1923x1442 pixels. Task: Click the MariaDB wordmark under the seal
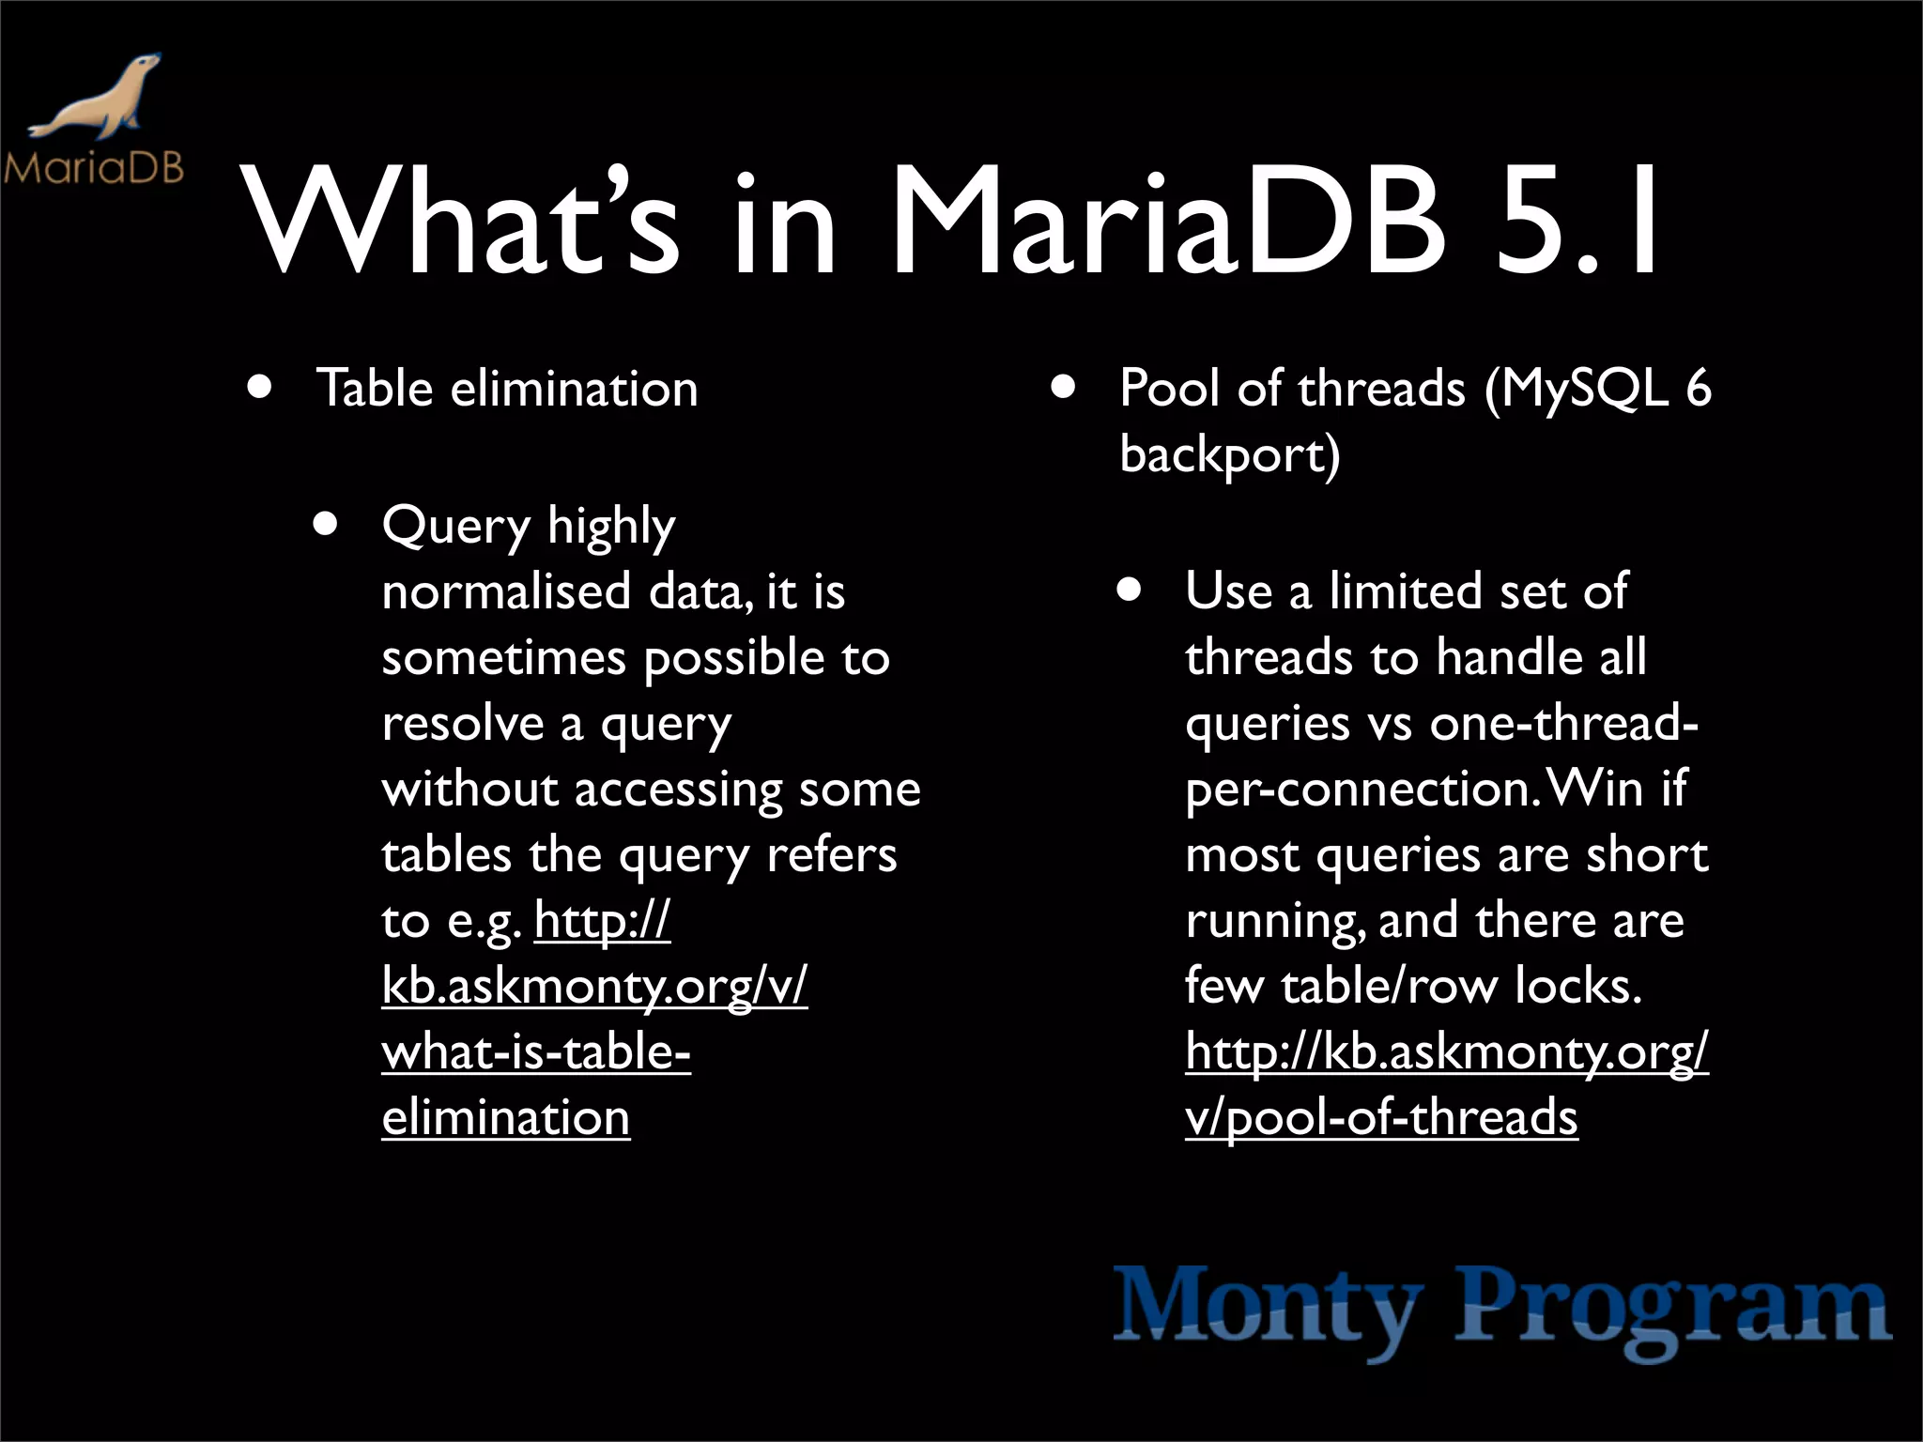[94, 169]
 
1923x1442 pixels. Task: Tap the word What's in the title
[460, 225]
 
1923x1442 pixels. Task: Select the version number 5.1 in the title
[1577, 225]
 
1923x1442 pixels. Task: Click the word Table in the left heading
[375, 389]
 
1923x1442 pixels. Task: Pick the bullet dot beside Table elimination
[261, 389]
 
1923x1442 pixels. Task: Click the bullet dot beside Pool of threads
[1063, 389]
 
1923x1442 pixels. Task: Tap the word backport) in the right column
[1229, 456]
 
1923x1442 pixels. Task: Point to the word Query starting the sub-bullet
[456, 526]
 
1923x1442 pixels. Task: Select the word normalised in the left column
[506, 591]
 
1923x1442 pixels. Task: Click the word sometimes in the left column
[503, 657]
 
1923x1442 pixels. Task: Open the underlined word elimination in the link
[505, 1118]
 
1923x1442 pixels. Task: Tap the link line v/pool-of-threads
[1381, 1118]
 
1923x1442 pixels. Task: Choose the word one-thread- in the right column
[1563, 723]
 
